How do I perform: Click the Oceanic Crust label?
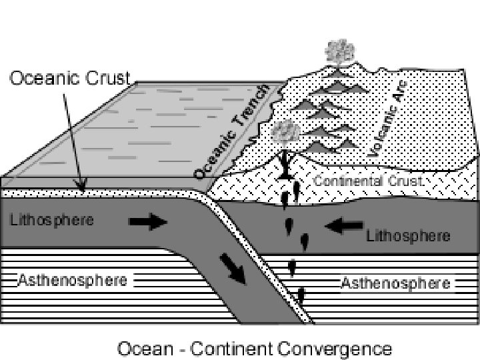[69, 78]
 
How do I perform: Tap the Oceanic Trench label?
[233, 131]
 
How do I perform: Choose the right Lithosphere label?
[408, 236]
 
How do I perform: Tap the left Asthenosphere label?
[72, 280]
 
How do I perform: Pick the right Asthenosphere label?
[395, 283]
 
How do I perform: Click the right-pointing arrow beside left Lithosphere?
[148, 222]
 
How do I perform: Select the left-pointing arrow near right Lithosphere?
[345, 227]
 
